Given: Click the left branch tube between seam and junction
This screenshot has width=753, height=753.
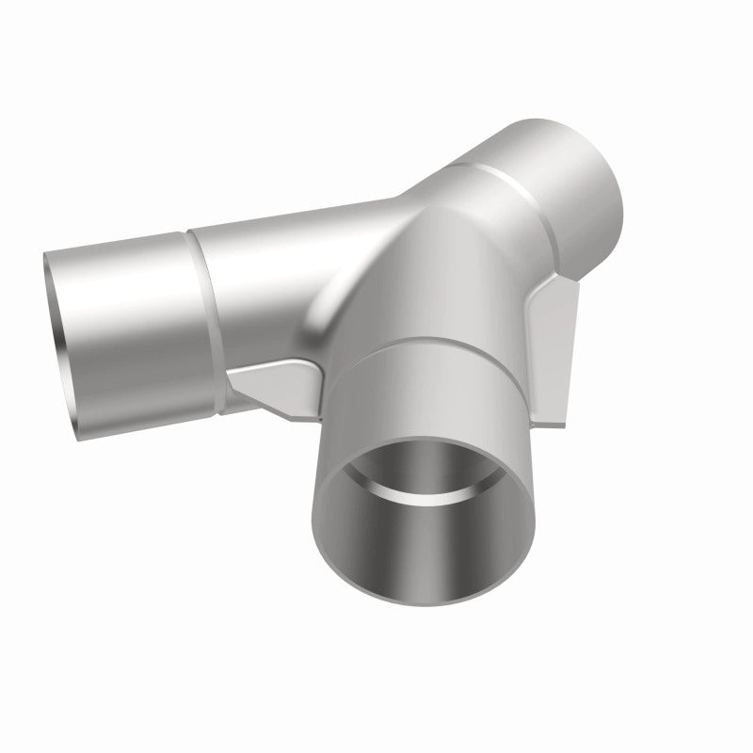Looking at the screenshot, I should click(254, 282).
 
